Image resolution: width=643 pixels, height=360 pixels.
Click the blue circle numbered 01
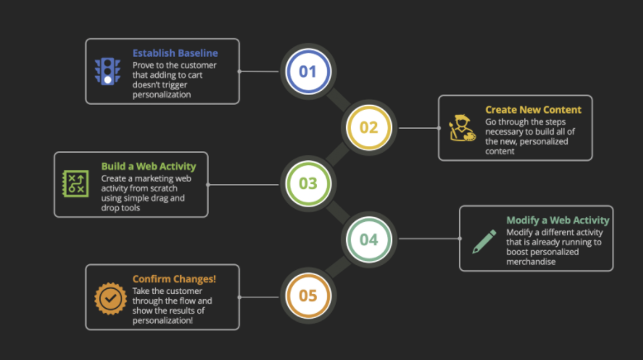(308, 71)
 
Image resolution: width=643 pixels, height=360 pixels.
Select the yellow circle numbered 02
(369, 127)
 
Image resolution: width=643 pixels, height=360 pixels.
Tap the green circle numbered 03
(308, 183)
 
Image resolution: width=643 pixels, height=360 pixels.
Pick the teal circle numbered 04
(369, 239)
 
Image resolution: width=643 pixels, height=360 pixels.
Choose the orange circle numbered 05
(308, 296)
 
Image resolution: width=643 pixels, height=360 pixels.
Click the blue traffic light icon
(107, 71)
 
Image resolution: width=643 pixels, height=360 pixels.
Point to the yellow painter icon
(462, 128)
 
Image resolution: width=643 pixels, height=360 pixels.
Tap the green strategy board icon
(75, 183)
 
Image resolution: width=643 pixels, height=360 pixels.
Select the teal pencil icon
(484, 241)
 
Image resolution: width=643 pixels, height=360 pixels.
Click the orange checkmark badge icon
(111, 299)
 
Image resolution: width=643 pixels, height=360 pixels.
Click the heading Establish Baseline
(175, 53)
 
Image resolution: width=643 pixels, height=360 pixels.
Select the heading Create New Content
(533, 110)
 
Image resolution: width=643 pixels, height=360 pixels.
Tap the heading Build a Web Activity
(149, 166)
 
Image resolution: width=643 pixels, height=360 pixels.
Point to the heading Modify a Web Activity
(558, 220)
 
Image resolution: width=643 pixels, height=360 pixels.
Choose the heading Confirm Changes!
(174, 279)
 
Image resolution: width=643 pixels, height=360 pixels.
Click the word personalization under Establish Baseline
(162, 95)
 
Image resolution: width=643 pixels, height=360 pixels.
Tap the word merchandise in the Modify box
(531, 262)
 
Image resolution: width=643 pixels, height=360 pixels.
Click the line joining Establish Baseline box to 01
(259, 71)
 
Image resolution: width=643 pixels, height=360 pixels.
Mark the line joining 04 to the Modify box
(430, 239)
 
